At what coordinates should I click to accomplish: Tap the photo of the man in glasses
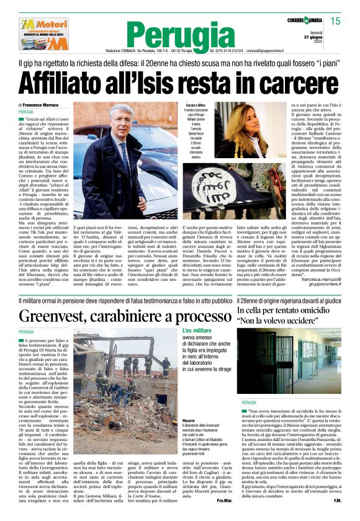pyautogui.click(x=125, y=161)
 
